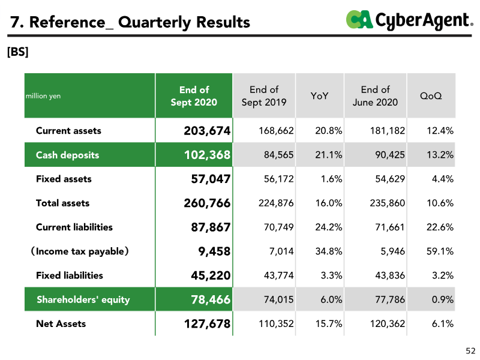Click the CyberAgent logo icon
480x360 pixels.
(359, 19)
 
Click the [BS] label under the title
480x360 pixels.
(18, 52)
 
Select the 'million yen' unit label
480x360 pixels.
(43, 96)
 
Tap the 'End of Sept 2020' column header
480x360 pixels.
(194, 96)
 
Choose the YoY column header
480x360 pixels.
(319, 96)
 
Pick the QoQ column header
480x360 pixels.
(431, 96)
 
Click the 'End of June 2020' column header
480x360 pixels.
(375, 96)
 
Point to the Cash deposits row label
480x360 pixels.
(67, 155)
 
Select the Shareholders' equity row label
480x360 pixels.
(83, 299)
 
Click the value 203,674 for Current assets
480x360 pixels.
(207, 131)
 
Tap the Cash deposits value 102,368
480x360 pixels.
(207, 155)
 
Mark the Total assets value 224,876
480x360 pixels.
(276, 203)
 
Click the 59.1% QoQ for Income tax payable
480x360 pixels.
(440, 251)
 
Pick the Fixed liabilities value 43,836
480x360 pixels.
(390, 275)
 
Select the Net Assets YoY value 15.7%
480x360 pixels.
(329, 323)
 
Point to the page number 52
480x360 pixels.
(470, 350)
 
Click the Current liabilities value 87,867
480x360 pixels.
(211, 227)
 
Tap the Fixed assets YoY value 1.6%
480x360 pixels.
(331, 179)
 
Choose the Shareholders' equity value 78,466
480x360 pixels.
(211, 299)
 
